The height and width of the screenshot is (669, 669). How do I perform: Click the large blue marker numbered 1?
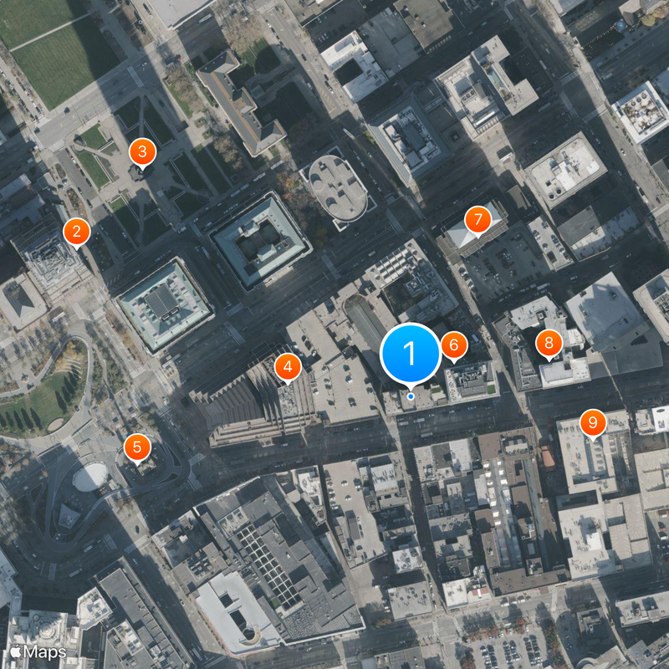click(411, 354)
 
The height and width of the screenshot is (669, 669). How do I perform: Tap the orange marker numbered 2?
click(76, 232)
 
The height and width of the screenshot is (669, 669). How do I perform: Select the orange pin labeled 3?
click(142, 152)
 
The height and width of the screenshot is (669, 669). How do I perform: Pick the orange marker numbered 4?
click(288, 365)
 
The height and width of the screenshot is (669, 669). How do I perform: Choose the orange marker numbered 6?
click(453, 344)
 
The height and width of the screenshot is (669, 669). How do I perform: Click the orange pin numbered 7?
click(478, 220)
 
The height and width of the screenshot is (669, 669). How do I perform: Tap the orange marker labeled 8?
click(549, 342)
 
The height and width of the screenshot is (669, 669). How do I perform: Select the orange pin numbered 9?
click(593, 423)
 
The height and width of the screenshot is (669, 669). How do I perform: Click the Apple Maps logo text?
click(38, 651)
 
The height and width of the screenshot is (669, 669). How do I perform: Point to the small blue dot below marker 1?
click(411, 396)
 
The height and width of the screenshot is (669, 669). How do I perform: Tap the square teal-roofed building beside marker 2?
click(164, 304)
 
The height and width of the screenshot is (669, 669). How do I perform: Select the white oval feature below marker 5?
click(89, 477)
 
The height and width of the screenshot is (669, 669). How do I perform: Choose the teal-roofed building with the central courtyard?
click(262, 240)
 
